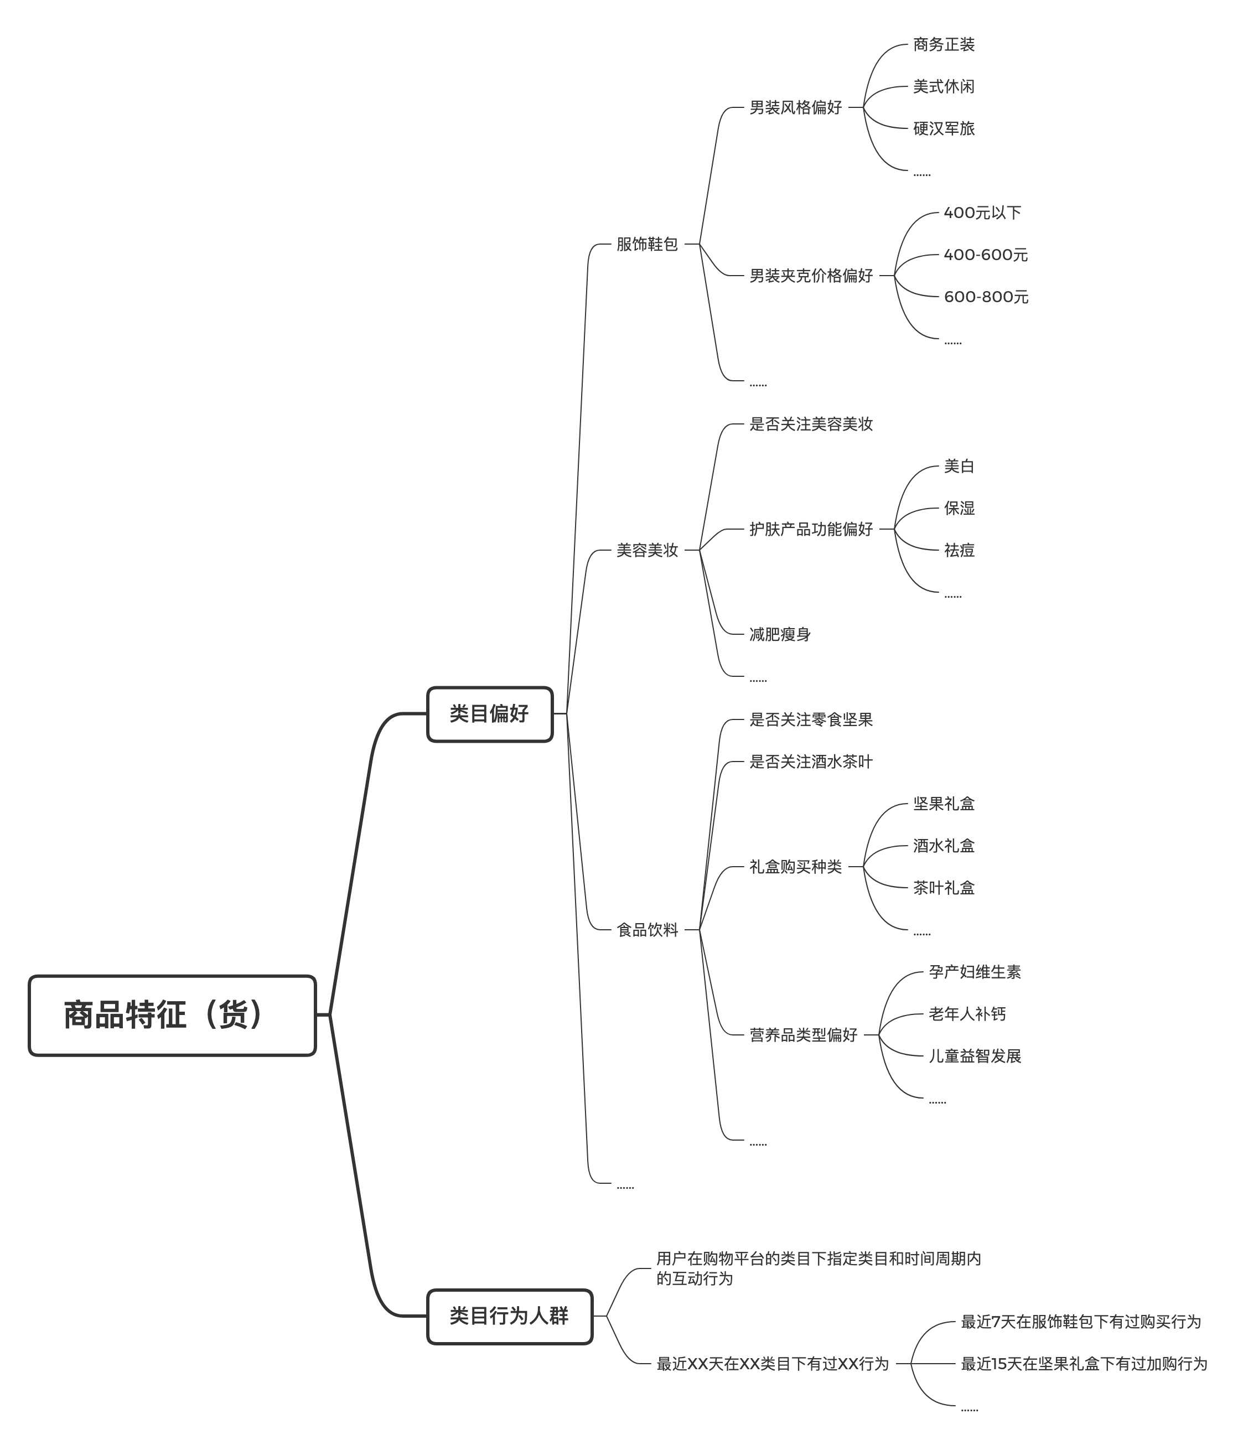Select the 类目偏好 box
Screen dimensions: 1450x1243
tap(489, 714)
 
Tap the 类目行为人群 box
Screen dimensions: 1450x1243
tap(509, 1316)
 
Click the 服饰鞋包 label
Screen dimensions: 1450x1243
tap(647, 244)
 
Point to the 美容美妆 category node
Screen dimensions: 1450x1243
tap(647, 550)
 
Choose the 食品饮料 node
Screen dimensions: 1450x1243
tap(647, 930)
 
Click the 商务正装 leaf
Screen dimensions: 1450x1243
tap(944, 45)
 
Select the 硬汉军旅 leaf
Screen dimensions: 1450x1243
tap(944, 129)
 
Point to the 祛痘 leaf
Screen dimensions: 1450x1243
tap(959, 550)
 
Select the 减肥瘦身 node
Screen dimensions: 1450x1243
tap(780, 634)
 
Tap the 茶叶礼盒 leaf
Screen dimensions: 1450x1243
tap(944, 888)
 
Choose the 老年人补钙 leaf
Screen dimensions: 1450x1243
tap(966, 1014)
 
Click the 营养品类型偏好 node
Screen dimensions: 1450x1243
tap(804, 1035)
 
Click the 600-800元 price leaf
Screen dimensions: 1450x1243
tap(986, 297)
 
